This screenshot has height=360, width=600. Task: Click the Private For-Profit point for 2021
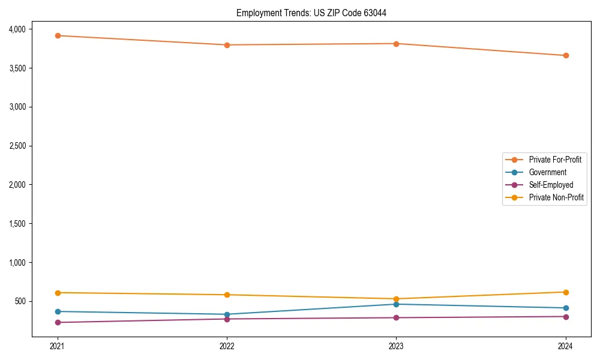coord(58,35)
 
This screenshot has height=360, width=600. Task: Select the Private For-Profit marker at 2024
coord(566,55)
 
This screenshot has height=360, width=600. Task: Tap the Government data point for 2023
coord(397,304)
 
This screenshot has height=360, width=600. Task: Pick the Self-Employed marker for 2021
coord(58,322)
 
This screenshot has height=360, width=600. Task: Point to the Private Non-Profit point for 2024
coord(566,292)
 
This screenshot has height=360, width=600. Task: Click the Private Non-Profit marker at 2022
coord(227,295)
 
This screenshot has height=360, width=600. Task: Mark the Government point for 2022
coord(227,314)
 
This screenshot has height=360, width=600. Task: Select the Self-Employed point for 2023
coord(397,317)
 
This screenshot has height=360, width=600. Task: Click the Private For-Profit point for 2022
coord(227,45)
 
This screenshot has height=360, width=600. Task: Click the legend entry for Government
coord(547,172)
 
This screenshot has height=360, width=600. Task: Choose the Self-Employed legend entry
coord(551,185)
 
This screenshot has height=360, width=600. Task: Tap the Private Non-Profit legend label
coord(556,197)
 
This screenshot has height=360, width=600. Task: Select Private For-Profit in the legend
coord(555,160)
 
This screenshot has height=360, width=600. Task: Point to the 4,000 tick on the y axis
coord(17,29)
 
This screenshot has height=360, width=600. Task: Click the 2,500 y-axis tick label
coord(17,146)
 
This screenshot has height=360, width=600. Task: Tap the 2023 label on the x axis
coord(397,346)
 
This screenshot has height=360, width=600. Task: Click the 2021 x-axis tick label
coord(58,346)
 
